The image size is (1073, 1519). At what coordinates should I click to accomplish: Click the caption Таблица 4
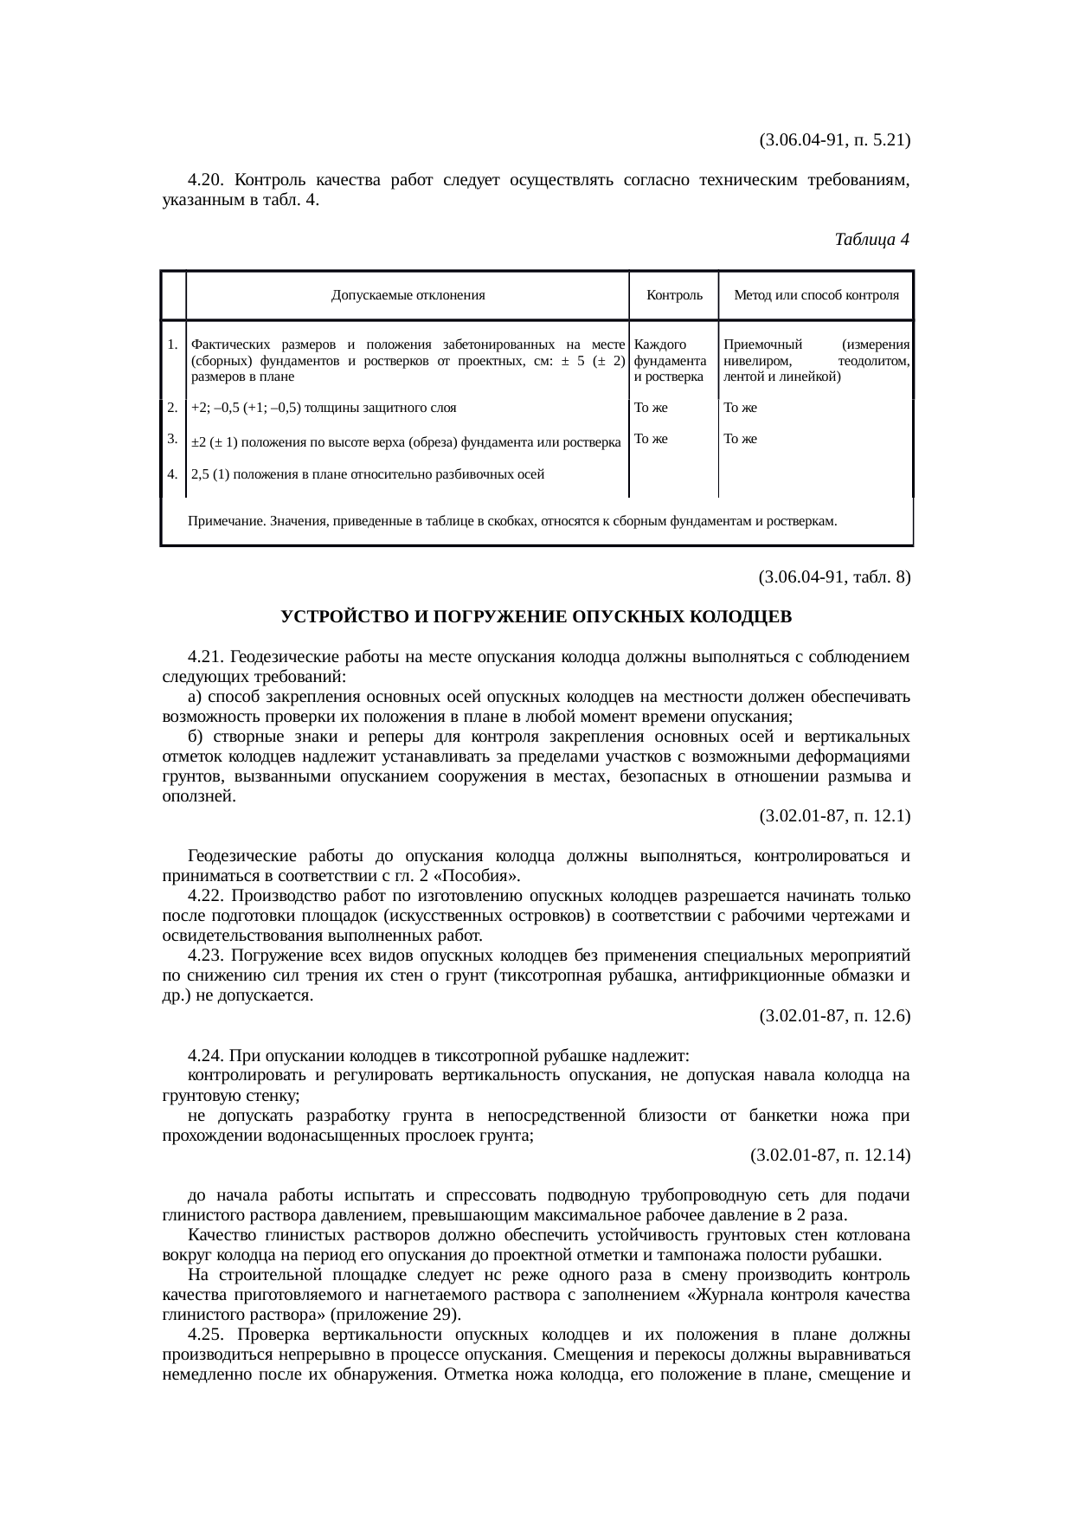pos(871,239)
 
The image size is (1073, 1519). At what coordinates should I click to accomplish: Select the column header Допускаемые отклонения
pos(408,295)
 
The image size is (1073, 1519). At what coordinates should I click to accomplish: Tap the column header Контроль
pos(674,295)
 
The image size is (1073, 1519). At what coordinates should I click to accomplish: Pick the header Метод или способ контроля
pos(816,295)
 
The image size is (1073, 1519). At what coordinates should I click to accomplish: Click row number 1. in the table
pos(173,344)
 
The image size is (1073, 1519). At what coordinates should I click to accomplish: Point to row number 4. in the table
pos(173,473)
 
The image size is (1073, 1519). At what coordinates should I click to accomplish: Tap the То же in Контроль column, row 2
pos(651,408)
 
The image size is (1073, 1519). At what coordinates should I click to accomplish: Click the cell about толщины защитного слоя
pos(324,408)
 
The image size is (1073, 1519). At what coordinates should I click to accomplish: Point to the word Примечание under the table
pos(227,522)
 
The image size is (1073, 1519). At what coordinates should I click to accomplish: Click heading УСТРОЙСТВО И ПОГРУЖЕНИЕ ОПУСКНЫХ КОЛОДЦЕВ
pos(536,617)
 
